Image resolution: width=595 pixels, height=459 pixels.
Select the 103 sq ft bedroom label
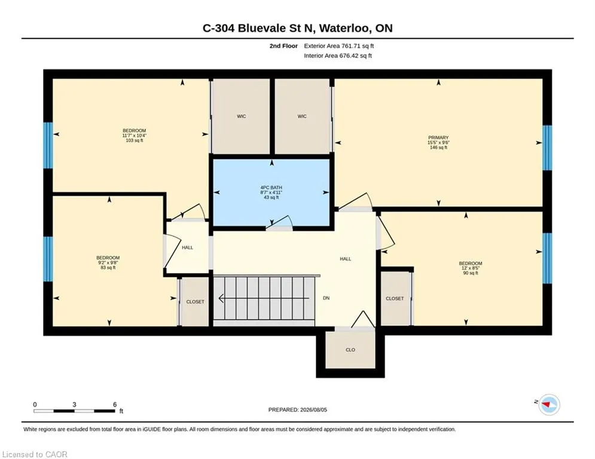click(135, 136)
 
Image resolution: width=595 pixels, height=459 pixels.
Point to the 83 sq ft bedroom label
click(108, 262)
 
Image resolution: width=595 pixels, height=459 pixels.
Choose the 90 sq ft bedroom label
click(471, 268)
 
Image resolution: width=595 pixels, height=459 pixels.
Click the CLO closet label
click(350, 350)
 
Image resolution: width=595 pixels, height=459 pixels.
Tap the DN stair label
click(326, 298)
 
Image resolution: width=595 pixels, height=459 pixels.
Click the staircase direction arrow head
click(221, 299)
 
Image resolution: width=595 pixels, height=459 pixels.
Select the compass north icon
click(549, 405)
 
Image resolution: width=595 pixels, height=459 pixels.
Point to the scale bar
click(74, 411)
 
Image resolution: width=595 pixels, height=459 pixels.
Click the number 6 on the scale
click(115, 405)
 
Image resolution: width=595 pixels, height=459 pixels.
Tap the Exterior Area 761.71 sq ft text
click(339, 46)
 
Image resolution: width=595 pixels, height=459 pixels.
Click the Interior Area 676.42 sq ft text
click(338, 56)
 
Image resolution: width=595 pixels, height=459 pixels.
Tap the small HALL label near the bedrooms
click(187, 247)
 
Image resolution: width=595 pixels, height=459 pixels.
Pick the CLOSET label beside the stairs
click(195, 302)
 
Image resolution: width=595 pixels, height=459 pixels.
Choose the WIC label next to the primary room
click(302, 116)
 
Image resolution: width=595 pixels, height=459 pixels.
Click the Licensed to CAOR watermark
click(35, 454)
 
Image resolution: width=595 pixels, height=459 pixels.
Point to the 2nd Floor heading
click(283, 46)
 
